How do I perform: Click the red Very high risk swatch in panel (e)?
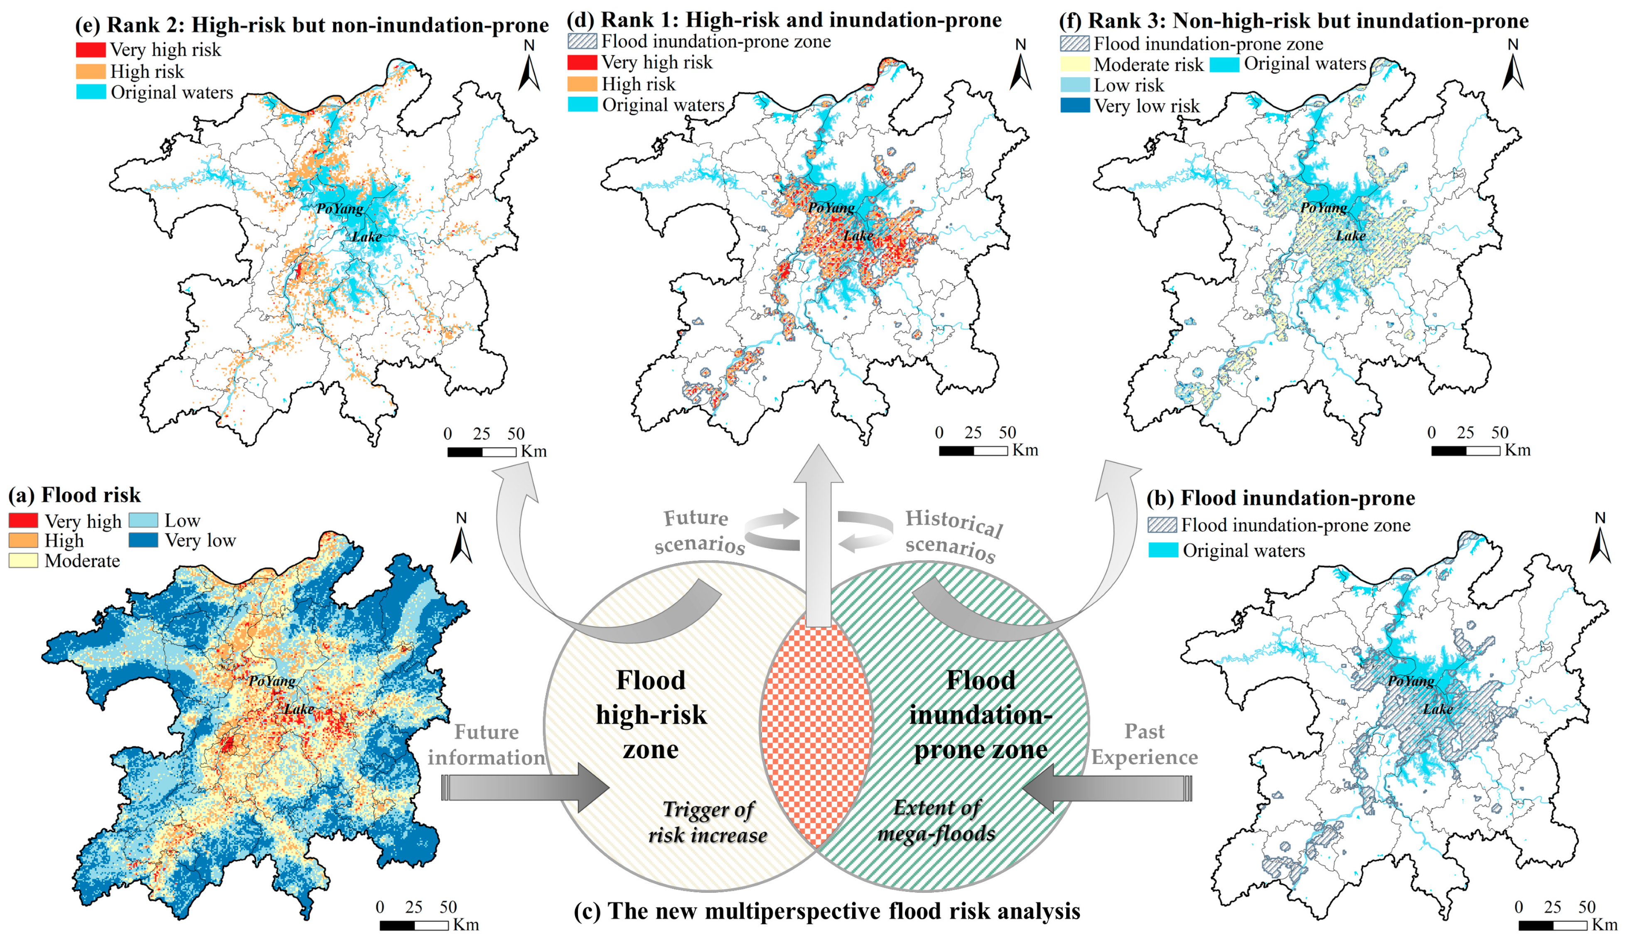(91, 50)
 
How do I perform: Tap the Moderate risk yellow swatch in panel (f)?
(1075, 64)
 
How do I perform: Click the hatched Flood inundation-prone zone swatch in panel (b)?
(1162, 525)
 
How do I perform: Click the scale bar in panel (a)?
(414, 925)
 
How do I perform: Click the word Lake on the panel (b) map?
(1438, 709)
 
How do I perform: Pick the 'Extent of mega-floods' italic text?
(936, 820)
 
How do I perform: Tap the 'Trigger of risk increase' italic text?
(708, 822)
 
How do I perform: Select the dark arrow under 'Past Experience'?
(1107, 788)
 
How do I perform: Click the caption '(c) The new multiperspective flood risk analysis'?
(826, 911)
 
